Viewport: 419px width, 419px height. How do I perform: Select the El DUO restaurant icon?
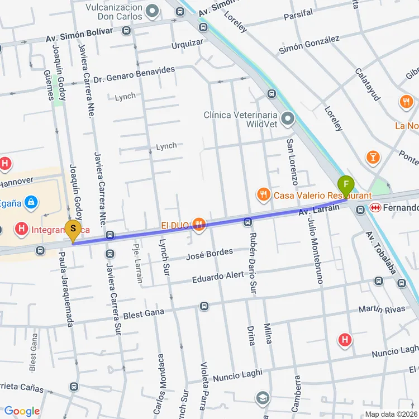[198, 225]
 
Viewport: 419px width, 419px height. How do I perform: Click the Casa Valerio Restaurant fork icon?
[263, 195]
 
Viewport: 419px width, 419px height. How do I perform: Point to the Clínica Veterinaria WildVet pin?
[288, 118]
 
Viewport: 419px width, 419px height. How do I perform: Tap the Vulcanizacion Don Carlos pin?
[151, 11]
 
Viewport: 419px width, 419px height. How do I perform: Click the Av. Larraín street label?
[319, 210]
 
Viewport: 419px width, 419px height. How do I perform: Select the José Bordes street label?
[209, 255]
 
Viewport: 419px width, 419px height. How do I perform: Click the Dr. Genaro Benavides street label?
[134, 75]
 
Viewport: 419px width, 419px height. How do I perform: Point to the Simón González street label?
[309, 45]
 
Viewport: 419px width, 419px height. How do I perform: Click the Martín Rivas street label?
[382, 310]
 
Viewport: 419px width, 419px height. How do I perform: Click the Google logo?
[21, 411]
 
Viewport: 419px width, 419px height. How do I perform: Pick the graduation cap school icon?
[262, 398]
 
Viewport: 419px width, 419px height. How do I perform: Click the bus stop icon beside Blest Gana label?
[204, 306]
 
